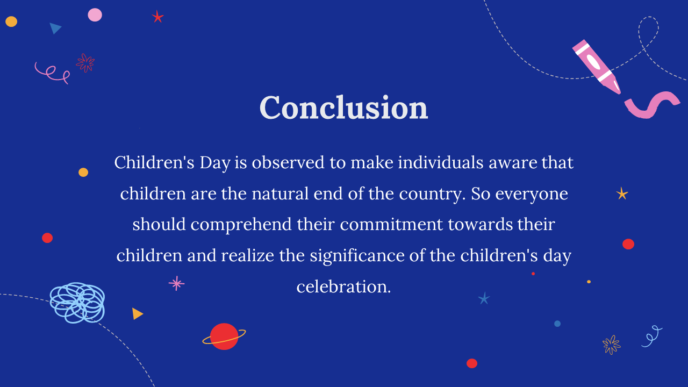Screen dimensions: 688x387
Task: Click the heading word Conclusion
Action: point(343,107)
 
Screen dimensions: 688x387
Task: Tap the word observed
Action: point(288,162)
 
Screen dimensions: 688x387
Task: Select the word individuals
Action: point(440,162)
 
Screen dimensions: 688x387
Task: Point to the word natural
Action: point(280,194)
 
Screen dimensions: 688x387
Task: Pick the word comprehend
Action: point(241,225)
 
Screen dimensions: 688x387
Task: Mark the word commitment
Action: point(391,224)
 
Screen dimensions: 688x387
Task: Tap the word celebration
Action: point(343,286)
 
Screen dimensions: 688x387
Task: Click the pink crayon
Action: point(597,66)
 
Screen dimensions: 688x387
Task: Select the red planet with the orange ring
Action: point(224,336)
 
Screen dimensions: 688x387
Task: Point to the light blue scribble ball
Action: point(77,303)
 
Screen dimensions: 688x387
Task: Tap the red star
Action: point(157,17)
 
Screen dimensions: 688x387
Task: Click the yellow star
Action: point(622,194)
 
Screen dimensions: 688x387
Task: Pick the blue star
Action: point(484,298)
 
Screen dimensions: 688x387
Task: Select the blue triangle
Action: point(55,28)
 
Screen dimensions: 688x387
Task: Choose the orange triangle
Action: point(137,313)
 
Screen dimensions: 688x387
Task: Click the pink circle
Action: point(95,15)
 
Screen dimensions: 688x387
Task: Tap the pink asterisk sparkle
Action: point(177,283)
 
